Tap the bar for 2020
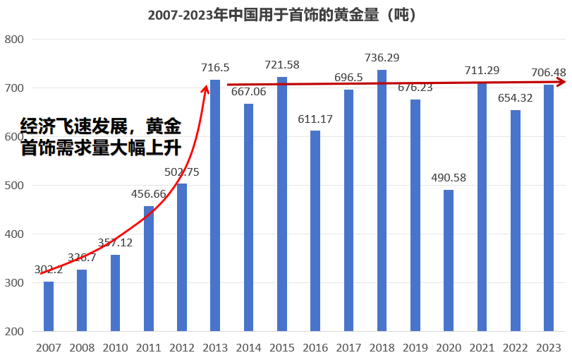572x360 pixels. click(x=449, y=260)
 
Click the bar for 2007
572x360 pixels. click(x=48, y=306)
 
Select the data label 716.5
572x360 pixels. click(x=215, y=67)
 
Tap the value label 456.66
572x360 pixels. click(x=149, y=193)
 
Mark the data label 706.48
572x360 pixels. click(x=549, y=72)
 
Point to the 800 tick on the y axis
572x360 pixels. click(x=14, y=40)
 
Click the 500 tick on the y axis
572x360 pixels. click(x=14, y=186)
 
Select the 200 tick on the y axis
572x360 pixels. click(x=14, y=332)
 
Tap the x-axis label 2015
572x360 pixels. click(x=282, y=347)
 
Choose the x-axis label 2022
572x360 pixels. click(x=516, y=347)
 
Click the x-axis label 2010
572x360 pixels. click(x=115, y=347)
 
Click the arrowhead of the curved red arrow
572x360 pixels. click(x=206, y=88)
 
